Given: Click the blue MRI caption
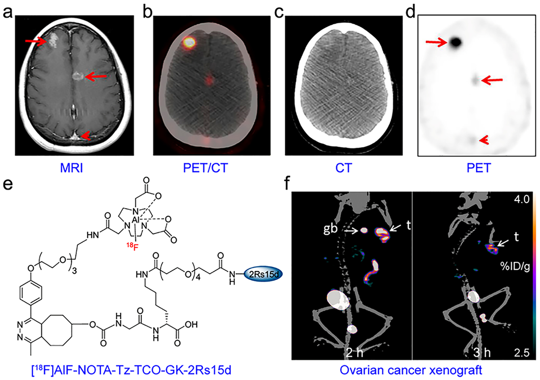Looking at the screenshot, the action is click(71, 168).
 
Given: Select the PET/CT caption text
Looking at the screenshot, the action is click(205, 168).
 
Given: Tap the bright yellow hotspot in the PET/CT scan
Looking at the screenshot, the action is click(189, 42).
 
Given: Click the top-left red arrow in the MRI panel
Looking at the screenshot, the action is click(35, 41).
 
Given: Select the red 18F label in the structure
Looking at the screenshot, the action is click(131, 246).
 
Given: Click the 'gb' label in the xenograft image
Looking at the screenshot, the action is click(330, 229).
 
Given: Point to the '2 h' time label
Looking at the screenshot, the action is click(354, 352).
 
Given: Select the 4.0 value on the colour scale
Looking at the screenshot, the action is click(522, 199).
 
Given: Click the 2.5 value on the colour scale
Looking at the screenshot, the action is click(522, 352).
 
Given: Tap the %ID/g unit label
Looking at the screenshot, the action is click(515, 266).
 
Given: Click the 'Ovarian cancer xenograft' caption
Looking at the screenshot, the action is click(411, 370).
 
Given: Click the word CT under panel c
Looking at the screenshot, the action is click(343, 168).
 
